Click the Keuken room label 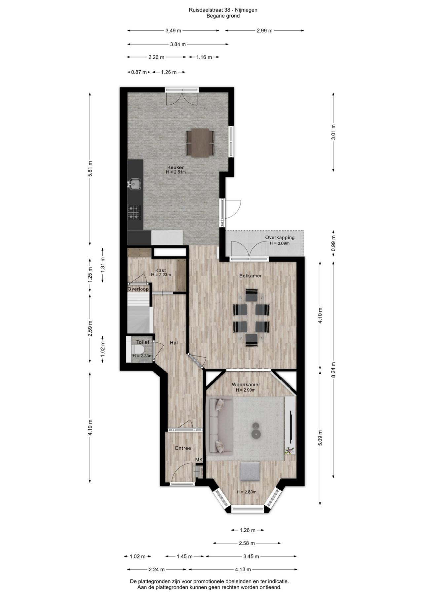click(176, 167)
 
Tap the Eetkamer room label click(250, 276)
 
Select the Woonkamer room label click(246, 385)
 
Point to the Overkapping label click(280, 238)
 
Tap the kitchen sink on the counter click(135, 184)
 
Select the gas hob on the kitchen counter click(135, 212)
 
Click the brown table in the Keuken click(200, 142)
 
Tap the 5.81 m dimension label click(90, 169)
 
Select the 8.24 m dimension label click(333, 370)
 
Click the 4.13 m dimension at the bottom click(243, 569)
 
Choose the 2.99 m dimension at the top click(264, 31)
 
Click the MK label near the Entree click(199, 460)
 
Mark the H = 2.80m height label click(247, 492)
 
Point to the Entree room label click(183, 448)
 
